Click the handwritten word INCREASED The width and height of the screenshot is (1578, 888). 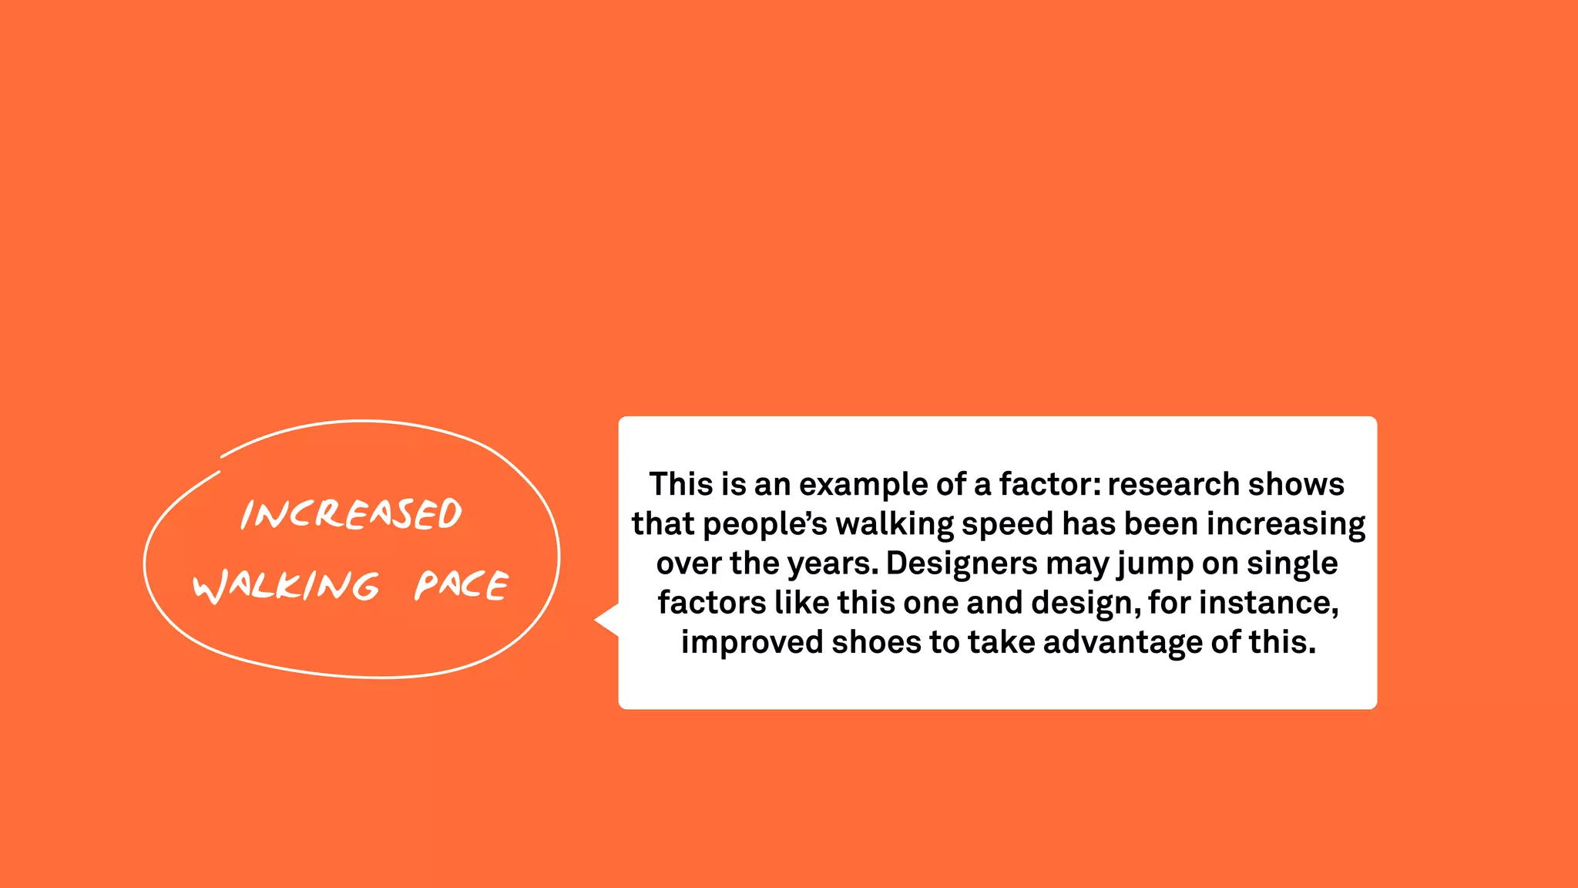point(351,514)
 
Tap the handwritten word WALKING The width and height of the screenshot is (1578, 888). point(286,586)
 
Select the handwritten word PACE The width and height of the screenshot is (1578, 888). point(462,585)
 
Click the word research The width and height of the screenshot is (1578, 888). point(1173,484)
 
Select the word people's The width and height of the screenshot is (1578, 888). point(764,524)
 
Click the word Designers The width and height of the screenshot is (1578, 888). point(962,563)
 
